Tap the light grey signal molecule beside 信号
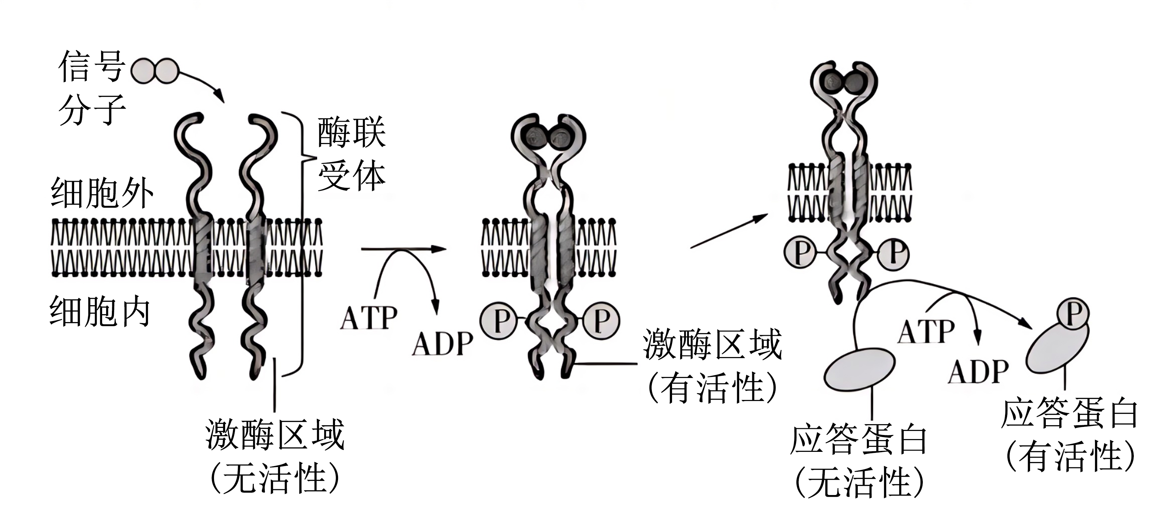[x=155, y=71]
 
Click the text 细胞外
[x=102, y=193]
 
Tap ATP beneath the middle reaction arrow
[x=368, y=318]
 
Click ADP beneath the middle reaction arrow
[x=442, y=344]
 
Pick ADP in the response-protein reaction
[x=978, y=372]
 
